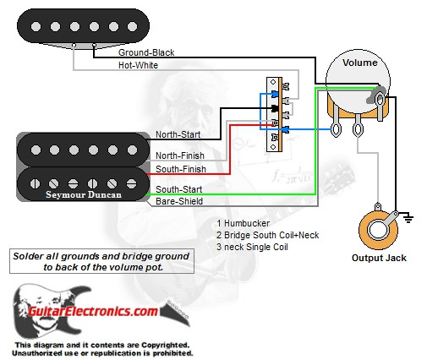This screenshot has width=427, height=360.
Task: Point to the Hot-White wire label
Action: tap(140, 64)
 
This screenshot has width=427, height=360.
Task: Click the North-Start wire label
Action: tap(178, 135)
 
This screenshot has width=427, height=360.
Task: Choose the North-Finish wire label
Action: tap(180, 155)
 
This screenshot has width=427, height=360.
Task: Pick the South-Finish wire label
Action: tap(180, 169)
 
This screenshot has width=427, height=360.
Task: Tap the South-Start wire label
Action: tap(178, 189)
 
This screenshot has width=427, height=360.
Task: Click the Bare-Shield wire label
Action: tap(178, 202)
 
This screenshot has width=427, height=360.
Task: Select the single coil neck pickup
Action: tap(80, 28)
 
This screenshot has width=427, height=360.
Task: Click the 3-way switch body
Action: tap(275, 114)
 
